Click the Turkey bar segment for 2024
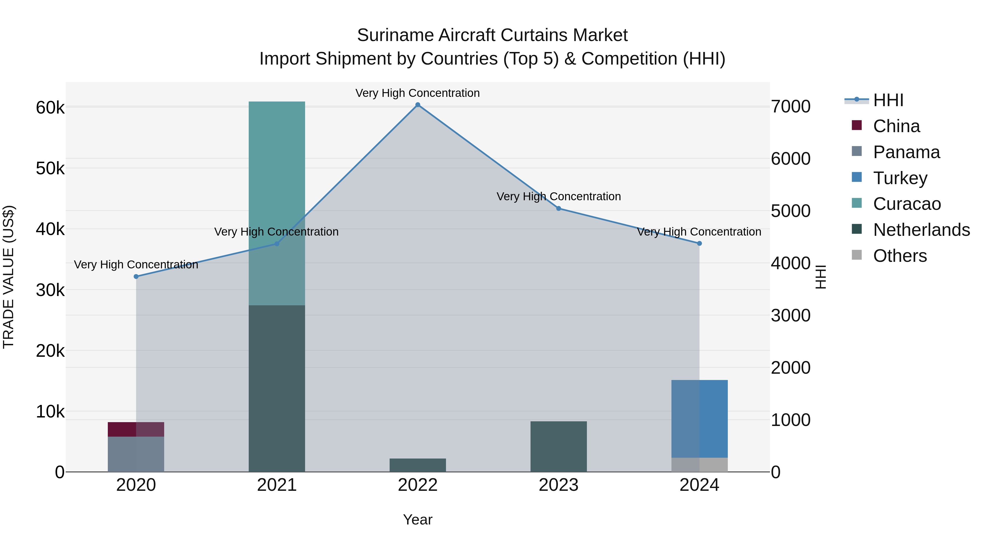(699, 418)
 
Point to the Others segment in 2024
(699, 464)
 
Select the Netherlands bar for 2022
(418, 465)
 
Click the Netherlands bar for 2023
(558, 446)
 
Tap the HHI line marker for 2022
(418, 105)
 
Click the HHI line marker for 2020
(136, 276)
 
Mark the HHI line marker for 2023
(558, 208)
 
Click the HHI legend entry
(888, 100)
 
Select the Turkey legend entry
(900, 178)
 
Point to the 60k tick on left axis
(50, 108)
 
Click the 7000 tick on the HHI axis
(790, 107)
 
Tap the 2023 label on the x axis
(558, 485)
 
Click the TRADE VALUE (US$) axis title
(8, 277)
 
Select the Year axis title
(418, 520)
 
